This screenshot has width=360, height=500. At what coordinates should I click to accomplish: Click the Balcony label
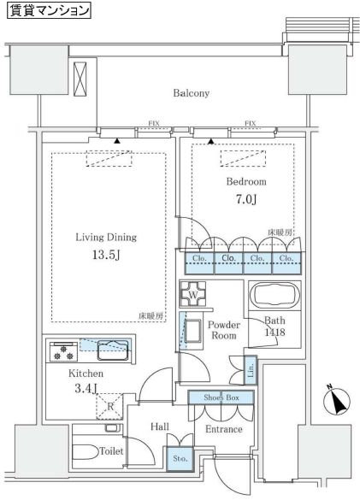(192, 93)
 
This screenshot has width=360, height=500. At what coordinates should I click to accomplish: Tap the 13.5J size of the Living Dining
(106, 255)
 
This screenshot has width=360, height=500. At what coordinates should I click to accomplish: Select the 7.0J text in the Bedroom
(246, 199)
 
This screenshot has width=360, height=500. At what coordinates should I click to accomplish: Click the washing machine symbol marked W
(192, 294)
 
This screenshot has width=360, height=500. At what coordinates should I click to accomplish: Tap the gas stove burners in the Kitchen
(63, 351)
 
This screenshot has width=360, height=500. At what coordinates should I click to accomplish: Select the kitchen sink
(113, 350)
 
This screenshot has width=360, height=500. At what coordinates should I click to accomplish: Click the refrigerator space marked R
(109, 407)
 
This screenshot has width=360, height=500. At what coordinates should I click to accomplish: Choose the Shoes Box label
(221, 397)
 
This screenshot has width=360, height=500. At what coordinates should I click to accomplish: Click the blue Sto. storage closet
(180, 458)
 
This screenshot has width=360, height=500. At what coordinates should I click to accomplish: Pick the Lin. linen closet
(251, 370)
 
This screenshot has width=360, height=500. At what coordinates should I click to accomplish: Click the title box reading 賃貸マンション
(49, 10)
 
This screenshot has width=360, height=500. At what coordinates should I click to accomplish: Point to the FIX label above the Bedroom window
(251, 123)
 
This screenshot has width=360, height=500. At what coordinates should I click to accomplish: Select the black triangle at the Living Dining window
(118, 141)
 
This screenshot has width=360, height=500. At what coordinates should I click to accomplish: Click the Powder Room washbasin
(192, 332)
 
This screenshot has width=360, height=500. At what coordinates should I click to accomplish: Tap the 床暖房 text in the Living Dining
(151, 316)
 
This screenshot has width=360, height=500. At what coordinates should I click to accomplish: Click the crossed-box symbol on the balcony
(80, 79)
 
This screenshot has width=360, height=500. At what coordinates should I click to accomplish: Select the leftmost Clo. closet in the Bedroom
(200, 263)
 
